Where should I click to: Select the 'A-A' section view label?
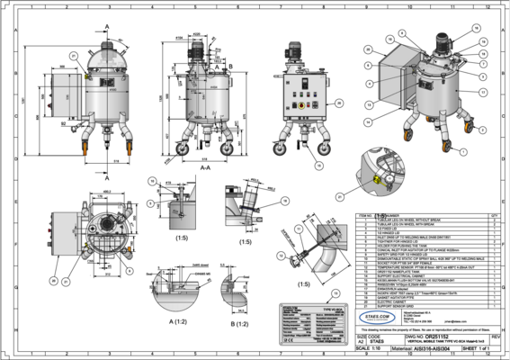tap(205, 166)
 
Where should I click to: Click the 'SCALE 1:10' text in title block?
tap(371, 350)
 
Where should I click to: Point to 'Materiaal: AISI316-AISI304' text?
tap(428, 351)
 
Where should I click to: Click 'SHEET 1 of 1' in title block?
tap(474, 350)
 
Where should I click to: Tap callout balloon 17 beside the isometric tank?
tap(483, 91)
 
